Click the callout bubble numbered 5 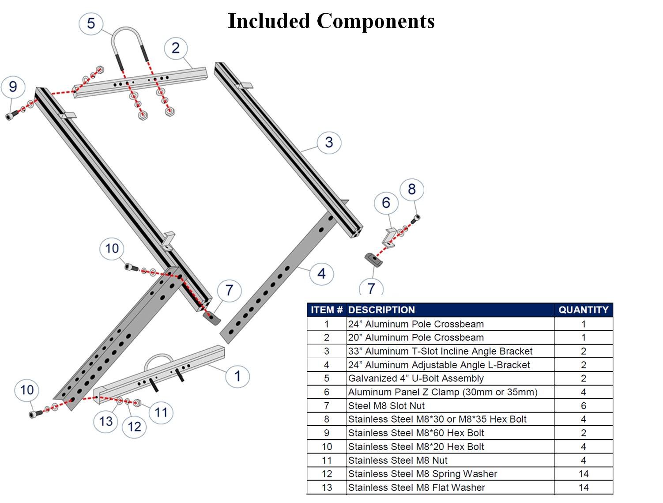click(x=91, y=23)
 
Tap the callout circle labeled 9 click(x=13, y=87)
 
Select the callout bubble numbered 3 click(x=329, y=142)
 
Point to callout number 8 click(x=412, y=189)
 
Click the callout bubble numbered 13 click(x=106, y=421)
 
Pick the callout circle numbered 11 click(x=161, y=412)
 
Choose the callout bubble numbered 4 click(x=321, y=274)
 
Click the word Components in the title click(x=376, y=21)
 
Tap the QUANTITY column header click(x=583, y=310)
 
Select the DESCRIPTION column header click(x=381, y=310)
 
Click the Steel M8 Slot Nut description click(x=386, y=406)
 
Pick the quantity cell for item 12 click(x=583, y=474)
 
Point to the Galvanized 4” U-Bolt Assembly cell click(x=416, y=378)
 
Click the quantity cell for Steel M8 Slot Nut click(x=583, y=406)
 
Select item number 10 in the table click(x=327, y=446)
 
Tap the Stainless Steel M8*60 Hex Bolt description click(x=416, y=433)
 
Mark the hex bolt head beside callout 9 click(x=10, y=116)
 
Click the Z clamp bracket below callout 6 click(x=389, y=236)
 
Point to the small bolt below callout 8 click(x=415, y=218)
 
